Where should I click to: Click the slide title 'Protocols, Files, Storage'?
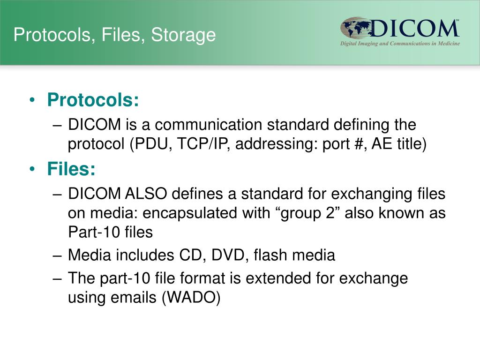point(114,35)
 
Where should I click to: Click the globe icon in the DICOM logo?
point(355,29)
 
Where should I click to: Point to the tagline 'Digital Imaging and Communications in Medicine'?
point(400,44)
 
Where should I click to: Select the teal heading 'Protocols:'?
point(93,100)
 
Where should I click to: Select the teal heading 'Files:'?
point(71,169)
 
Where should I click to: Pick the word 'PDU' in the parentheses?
point(150,144)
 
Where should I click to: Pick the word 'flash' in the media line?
point(270,255)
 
